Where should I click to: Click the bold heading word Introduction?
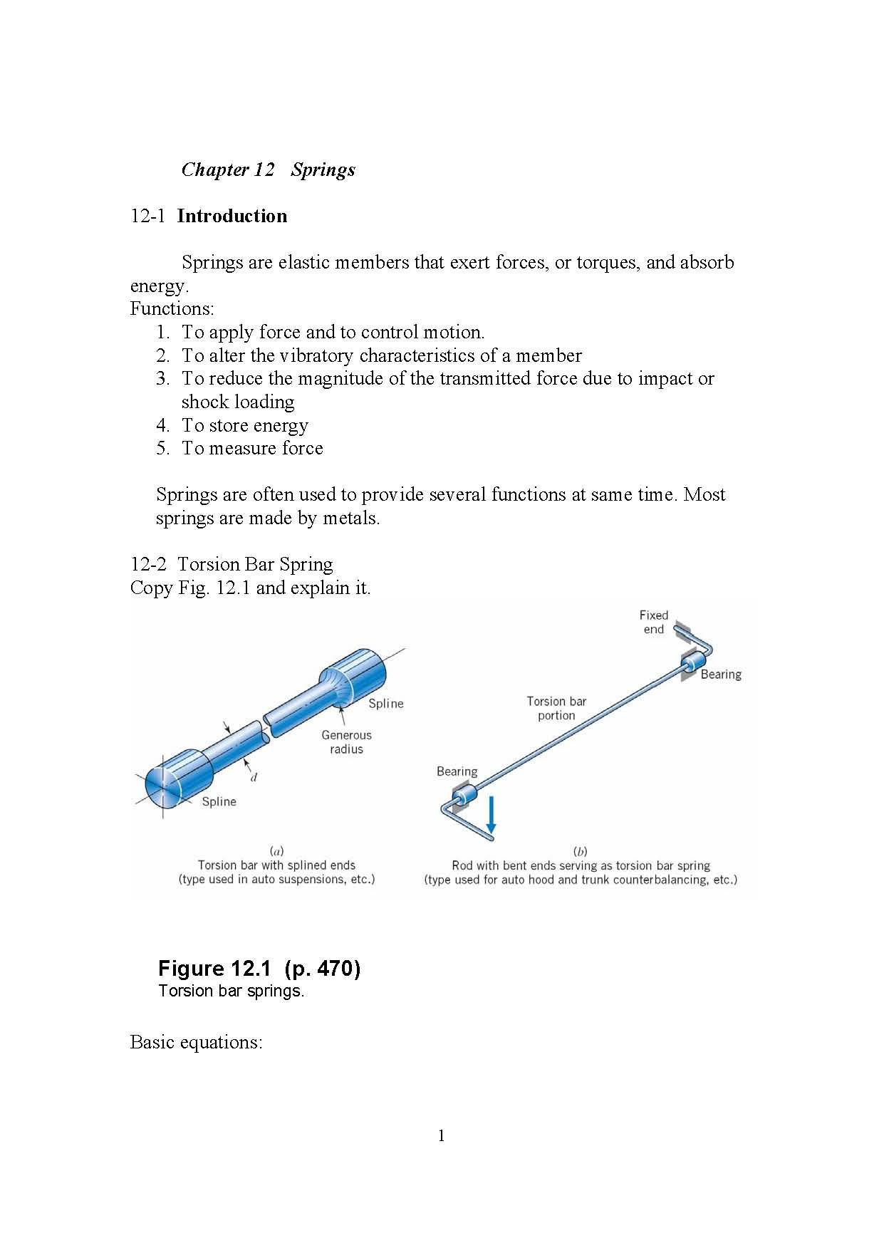[232, 216]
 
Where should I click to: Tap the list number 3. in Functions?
[162, 378]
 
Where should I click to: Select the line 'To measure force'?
[252, 448]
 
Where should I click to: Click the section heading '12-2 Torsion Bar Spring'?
[232, 564]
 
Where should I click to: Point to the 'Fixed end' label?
[653, 622]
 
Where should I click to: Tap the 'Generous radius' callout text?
[346, 741]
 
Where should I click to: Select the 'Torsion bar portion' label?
[556, 708]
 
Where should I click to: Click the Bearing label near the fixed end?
[720, 674]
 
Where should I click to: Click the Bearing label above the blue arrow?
[457, 771]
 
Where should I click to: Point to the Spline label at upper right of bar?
[385, 703]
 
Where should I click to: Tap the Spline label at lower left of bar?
[219, 801]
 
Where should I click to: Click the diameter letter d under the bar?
[254, 777]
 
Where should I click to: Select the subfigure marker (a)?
[276, 850]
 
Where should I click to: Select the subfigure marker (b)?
[580, 851]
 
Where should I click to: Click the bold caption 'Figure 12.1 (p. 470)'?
[259, 968]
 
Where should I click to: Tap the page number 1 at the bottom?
[441, 1135]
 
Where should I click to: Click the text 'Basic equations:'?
[197, 1042]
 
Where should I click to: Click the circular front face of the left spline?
[163, 784]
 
